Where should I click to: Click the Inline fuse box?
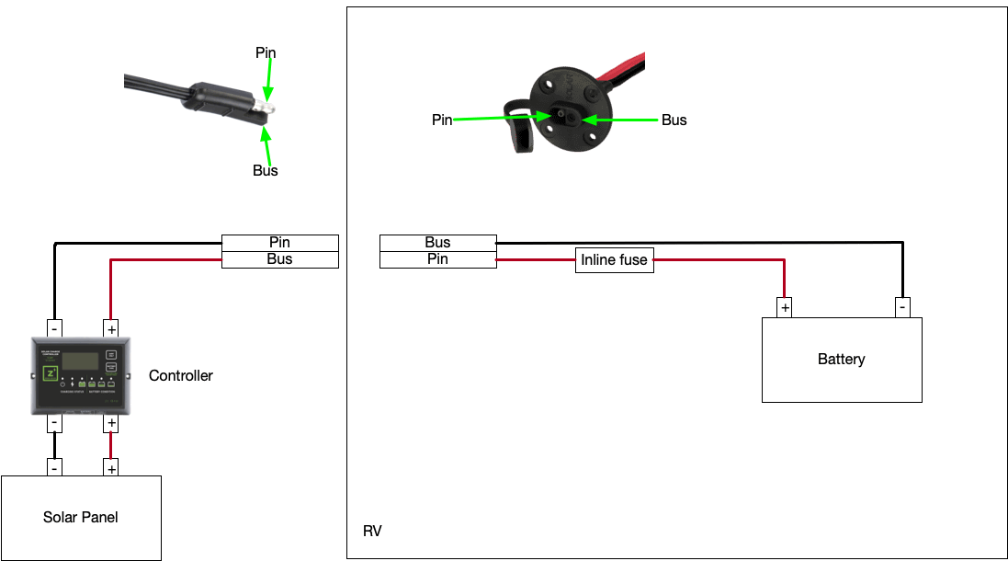(614, 260)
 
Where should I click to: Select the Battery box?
(841, 360)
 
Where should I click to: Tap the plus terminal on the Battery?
(784, 307)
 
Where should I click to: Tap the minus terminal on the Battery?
(902, 307)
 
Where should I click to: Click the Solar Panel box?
(81, 518)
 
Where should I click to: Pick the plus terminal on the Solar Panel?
(111, 467)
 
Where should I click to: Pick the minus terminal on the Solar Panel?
(55, 467)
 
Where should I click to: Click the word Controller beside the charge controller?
(181, 375)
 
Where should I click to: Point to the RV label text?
(372, 532)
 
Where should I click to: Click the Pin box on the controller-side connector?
(280, 243)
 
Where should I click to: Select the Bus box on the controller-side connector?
(280, 259)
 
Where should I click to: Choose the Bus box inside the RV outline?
(437, 243)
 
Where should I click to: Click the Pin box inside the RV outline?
(437, 259)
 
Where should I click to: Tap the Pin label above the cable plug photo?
(266, 53)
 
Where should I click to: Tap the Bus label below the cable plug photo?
(266, 170)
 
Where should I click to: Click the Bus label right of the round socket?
(674, 120)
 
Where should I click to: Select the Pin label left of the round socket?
(442, 120)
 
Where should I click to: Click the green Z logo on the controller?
(51, 373)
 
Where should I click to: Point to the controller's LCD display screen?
(80, 360)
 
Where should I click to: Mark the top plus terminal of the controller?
(111, 328)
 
